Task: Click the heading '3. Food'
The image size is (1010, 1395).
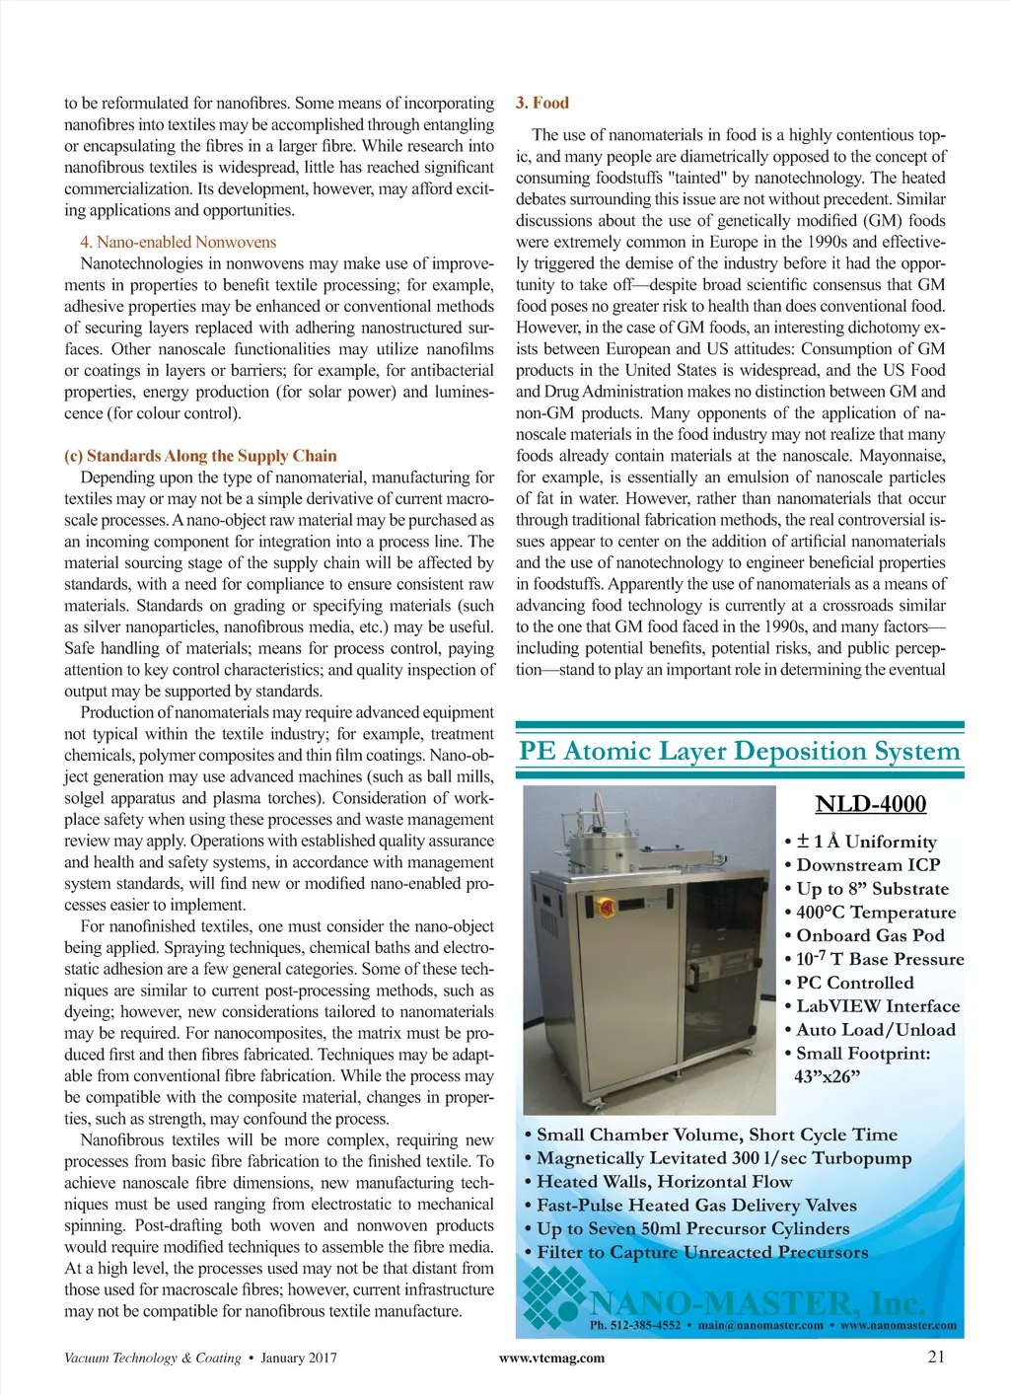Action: click(541, 103)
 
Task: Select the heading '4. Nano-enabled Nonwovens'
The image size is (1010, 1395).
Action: click(178, 242)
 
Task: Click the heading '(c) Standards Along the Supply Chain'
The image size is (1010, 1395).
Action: click(200, 456)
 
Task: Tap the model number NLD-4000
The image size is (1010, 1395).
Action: click(870, 804)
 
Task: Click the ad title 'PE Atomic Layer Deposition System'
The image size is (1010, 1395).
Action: click(739, 752)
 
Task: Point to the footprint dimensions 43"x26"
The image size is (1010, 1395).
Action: click(827, 1076)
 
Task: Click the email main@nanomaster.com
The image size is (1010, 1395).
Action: click(759, 1325)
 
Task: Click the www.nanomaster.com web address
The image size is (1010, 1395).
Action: click(898, 1325)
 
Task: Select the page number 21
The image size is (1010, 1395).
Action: click(936, 1357)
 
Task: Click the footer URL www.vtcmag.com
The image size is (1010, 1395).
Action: click(551, 1358)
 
